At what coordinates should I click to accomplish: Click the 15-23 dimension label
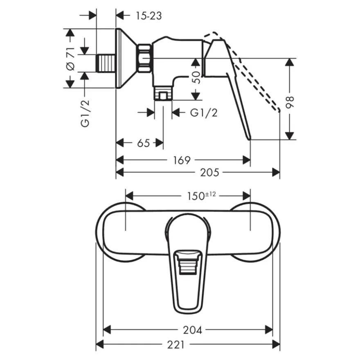point(149,16)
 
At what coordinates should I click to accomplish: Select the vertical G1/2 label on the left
point(85,113)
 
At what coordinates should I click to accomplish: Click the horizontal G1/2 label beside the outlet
point(204,112)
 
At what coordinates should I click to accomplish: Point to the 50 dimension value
point(196,77)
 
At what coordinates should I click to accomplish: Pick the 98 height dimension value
point(290,102)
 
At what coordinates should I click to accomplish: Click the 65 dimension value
point(144,143)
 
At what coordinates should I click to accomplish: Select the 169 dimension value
point(182,160)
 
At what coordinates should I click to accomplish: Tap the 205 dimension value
point(209,172)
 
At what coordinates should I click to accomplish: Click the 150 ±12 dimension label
point(202,196)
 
